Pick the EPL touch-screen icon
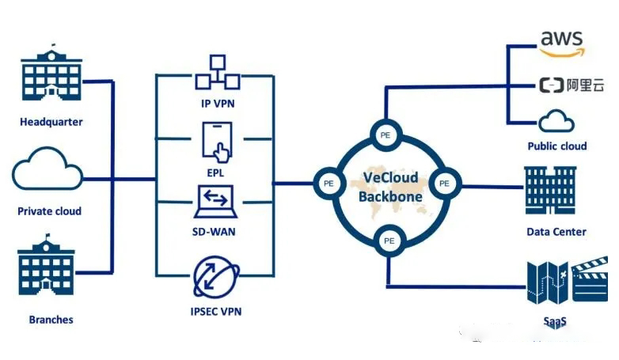[x=218, y=141]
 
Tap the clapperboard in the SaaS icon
[x=591, y=283]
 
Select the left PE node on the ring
[x=328, y=183]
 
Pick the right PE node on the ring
[x=444, y=183]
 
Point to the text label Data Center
[x=556, y=232]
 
